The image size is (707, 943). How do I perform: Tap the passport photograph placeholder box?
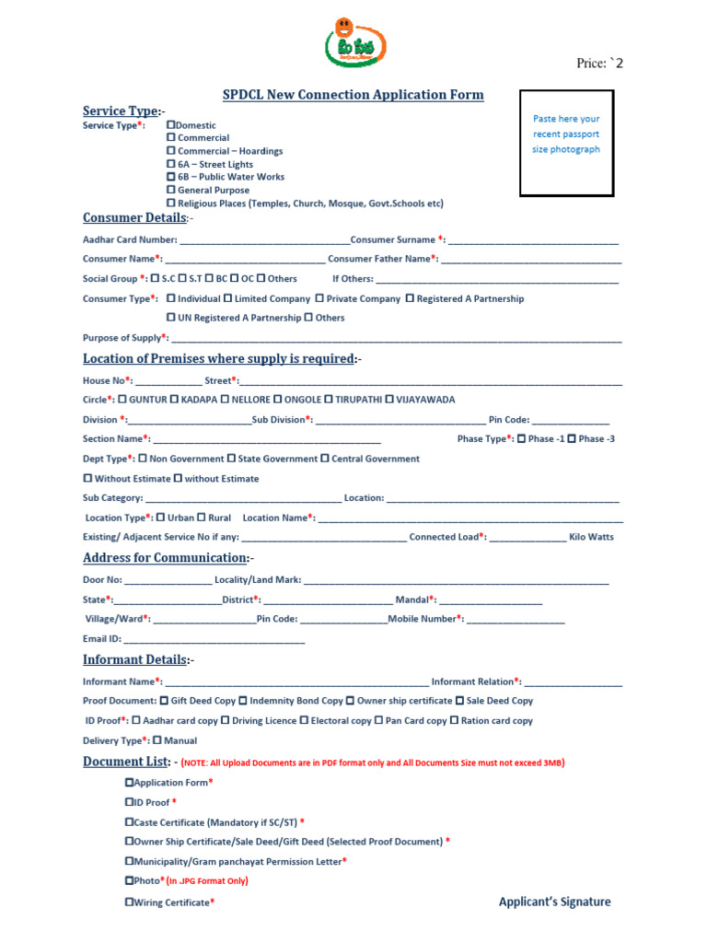[566, 143]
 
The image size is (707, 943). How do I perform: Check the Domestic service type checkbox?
[170, 124]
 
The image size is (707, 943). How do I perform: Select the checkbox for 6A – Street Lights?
[170, 164]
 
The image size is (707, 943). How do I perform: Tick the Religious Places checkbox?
[170, 203]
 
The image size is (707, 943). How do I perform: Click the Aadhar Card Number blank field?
[265, 239]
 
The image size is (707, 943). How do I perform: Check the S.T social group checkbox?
[184, 278]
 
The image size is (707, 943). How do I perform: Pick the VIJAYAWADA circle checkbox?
[389, 400]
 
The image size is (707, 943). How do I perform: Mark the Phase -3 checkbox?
[572, 439]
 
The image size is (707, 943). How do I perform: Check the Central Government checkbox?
[324, 459]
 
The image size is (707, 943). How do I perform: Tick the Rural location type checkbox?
[202, 518]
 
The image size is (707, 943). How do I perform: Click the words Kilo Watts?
[591, 537]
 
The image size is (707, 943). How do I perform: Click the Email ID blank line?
[214, 639]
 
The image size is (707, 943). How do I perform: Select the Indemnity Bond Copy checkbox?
[243, 701]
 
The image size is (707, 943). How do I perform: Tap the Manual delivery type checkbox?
[156, 740]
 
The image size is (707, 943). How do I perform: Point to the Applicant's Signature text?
[554, 902]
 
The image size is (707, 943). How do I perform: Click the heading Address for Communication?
[165, 558]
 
